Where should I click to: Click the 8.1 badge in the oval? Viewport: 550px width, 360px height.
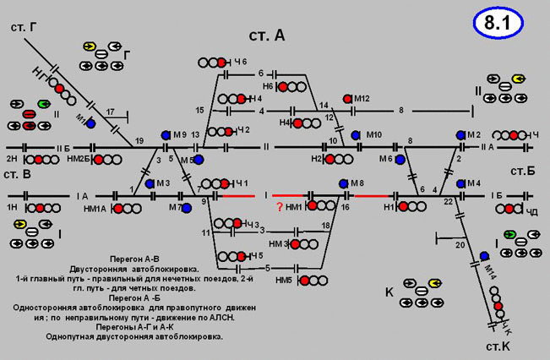pos(498,23)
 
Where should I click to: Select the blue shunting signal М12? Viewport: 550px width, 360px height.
pos(347,99)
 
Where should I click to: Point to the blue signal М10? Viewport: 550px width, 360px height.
pos(356,134)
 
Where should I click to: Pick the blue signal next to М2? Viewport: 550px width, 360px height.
pos(460,134)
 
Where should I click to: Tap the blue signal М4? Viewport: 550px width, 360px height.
pos(460,183)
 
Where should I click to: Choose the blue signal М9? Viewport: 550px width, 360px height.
pos(166,134)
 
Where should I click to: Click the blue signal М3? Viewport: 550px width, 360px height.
pos(150,183)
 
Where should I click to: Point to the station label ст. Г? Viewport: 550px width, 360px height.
pos(23,28)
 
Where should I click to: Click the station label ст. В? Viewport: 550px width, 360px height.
pos(17,173)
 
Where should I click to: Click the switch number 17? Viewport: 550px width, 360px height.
pos(111,112)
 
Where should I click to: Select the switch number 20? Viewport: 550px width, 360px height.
pos(459,245)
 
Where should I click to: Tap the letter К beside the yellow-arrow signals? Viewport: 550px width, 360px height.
pos(390,292)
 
